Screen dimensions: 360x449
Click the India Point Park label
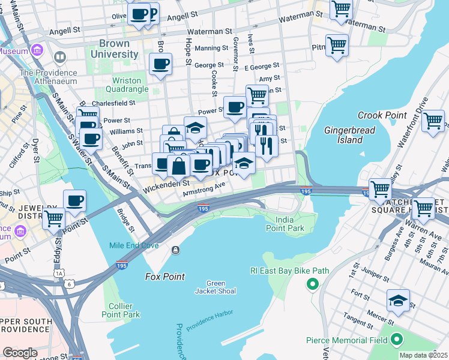(x=286, y=224)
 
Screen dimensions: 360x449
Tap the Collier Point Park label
(x=121, y=310)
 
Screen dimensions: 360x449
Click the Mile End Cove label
(x=134, y=245)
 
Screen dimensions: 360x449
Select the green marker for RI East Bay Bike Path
(x=312, y=284)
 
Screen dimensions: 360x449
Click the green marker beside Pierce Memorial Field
(x=396, y=340)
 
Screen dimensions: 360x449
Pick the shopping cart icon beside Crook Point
(x=433, y=121)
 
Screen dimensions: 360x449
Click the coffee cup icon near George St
(x=160, y=64)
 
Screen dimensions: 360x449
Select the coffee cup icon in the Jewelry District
(x=74, y=201)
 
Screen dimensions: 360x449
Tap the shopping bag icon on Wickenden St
(x=178, y=166)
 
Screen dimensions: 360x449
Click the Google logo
(x=20, y=353)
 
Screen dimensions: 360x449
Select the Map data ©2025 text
(x=423, y=355)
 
